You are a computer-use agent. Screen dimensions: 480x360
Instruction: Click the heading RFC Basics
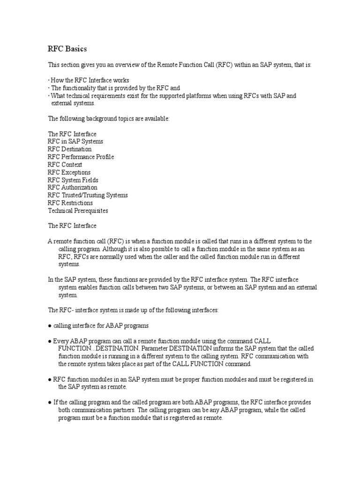[x=67, y=49]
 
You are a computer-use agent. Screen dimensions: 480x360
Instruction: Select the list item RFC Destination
[x=70, y=149]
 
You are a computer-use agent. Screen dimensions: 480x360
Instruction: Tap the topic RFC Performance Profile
[x=81, y=157]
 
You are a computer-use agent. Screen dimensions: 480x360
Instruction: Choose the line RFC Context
[x=65, y=165]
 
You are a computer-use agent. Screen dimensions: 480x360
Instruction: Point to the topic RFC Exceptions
[x=69, y=172]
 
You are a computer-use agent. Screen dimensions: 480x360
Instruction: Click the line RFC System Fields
[x=73, y=180]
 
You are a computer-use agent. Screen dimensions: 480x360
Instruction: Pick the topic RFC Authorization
[x=72, y=187]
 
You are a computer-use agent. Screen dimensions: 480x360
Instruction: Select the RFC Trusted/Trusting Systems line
[x=87, y=195]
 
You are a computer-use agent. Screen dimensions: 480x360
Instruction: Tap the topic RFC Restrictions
[x=70, y=203]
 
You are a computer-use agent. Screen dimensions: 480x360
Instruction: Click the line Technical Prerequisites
[x=78, y=210]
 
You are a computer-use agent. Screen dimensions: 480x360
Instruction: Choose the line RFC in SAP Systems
[x=75, y=141]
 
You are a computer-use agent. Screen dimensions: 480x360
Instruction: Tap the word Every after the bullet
[x=60, y=341]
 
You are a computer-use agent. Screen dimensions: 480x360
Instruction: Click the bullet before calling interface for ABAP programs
[x=49, y=325]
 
